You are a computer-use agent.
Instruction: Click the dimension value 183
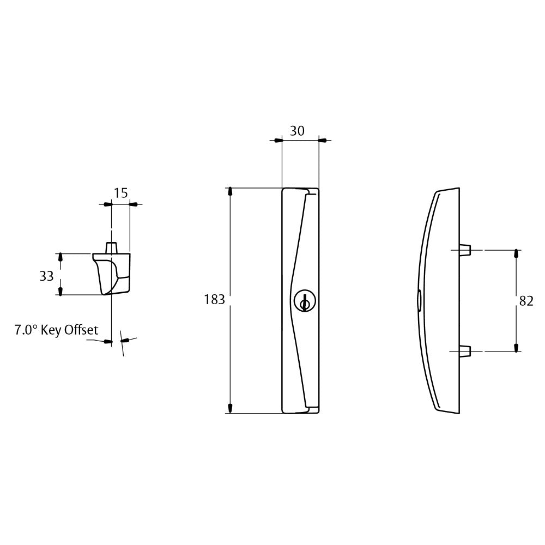[214, 300]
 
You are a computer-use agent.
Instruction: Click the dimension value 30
[297, 131]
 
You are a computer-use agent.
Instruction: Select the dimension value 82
[526, 301]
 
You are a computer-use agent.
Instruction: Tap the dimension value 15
[120, 193]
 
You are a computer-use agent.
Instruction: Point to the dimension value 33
[46, 276]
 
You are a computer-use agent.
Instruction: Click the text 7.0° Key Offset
[56, 330]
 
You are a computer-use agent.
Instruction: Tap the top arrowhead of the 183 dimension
[231, 192]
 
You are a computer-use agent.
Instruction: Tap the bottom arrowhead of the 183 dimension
[231, 408]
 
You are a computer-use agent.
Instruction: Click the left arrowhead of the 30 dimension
[278, 141]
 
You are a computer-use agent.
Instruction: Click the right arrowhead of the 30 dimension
[322, 141]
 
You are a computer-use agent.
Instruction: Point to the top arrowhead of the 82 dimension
[516, 254]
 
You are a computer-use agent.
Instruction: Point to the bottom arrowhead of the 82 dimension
[516, 347]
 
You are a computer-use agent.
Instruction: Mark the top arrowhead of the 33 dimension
[60, 257]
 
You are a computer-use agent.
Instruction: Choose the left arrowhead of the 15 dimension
[107, 204]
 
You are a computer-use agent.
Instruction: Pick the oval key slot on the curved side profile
[419, 301]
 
